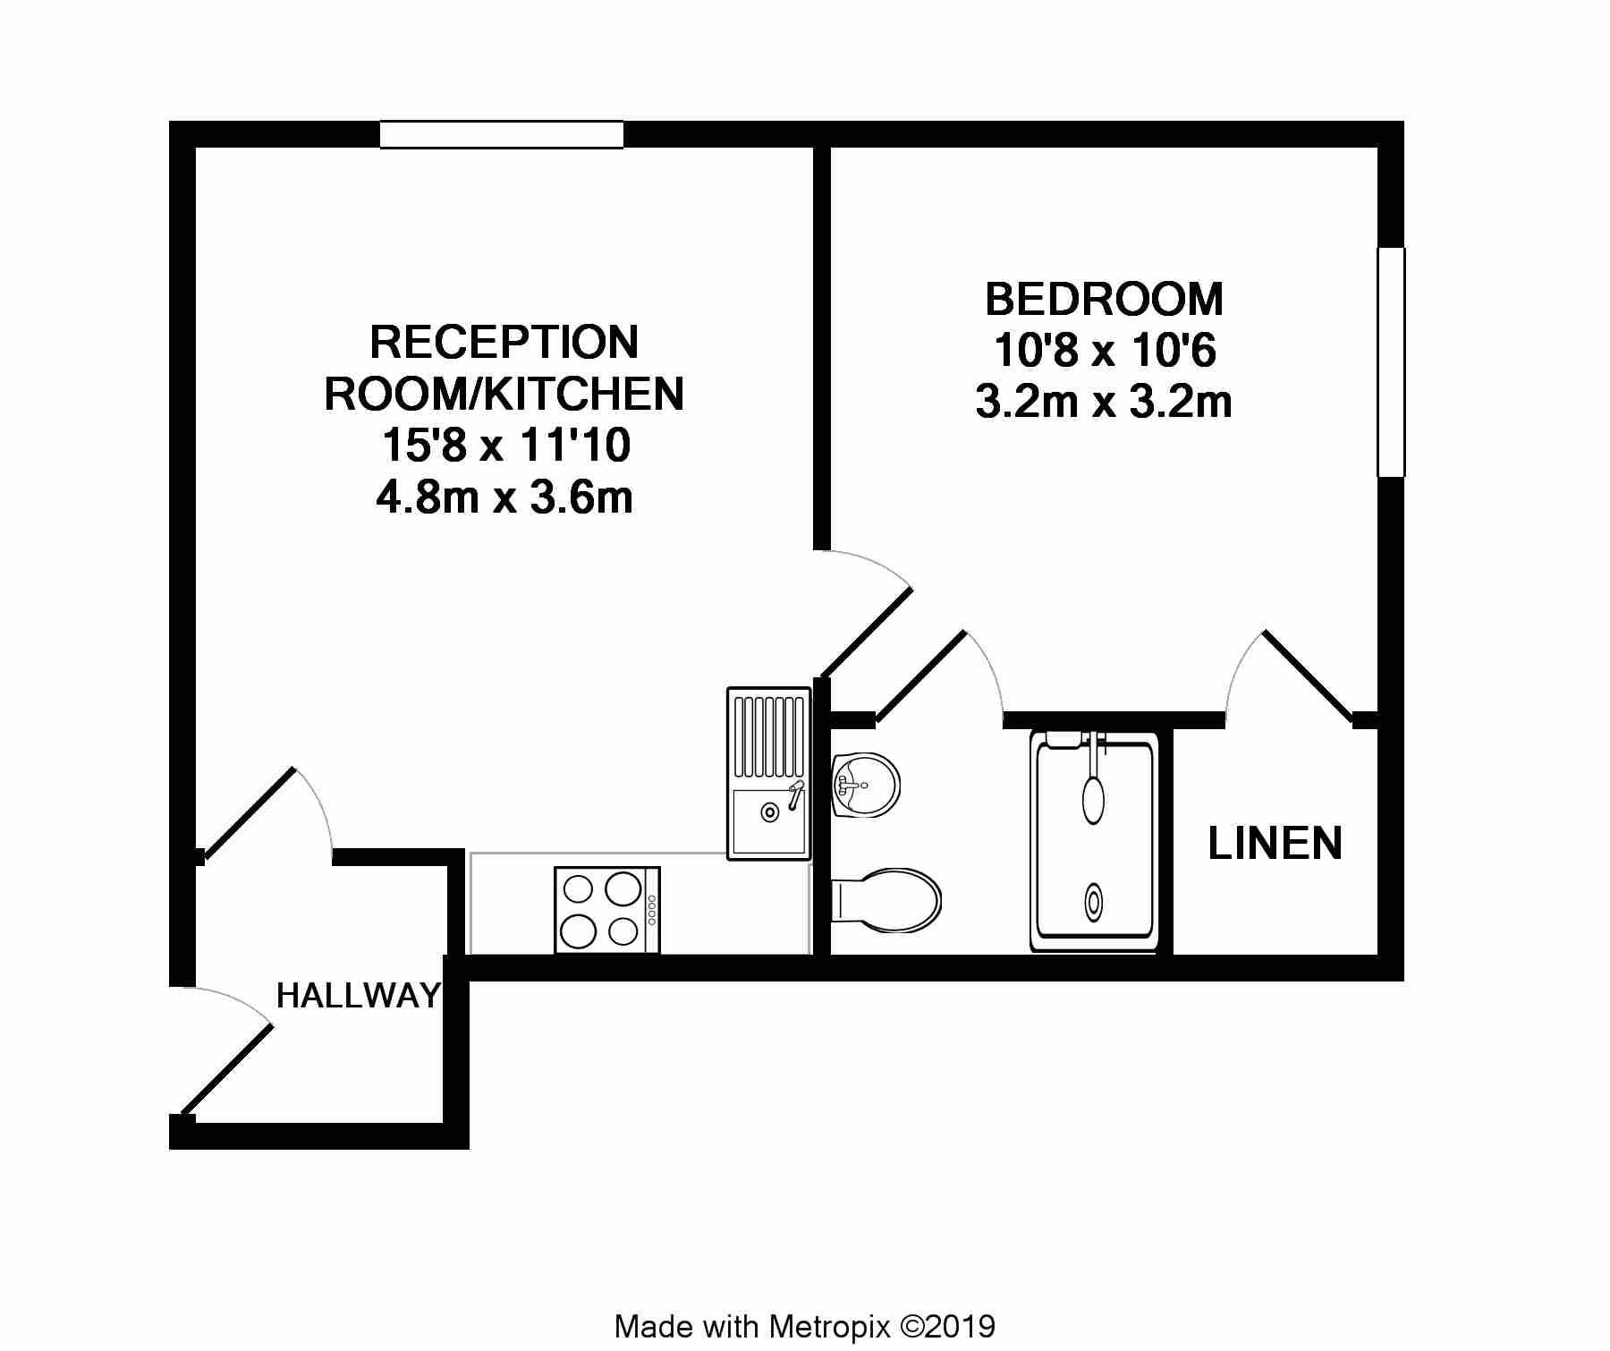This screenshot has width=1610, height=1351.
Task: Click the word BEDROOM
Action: pos(1104,299)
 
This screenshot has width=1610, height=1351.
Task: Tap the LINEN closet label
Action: pos(1275,843)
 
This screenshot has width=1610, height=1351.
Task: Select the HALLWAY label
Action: pos(359,995)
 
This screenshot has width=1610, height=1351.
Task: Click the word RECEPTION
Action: pos(504,342)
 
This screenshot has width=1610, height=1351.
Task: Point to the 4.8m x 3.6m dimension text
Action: pos(504,497)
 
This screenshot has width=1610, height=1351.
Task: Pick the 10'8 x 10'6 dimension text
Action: pos(1105,350)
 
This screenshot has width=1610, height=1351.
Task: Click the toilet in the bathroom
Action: pos(886,899)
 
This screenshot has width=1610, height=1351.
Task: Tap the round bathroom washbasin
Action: pos(865,785)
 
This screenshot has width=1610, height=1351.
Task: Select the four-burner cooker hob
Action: pos(607,909)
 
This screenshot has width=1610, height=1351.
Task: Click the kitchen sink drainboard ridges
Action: pos(769,736)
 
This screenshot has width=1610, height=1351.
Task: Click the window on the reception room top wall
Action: pos(502,134)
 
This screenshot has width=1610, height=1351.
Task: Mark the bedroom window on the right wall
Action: pos(1391,361)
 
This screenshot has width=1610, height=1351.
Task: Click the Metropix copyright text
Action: pos(805,1326)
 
